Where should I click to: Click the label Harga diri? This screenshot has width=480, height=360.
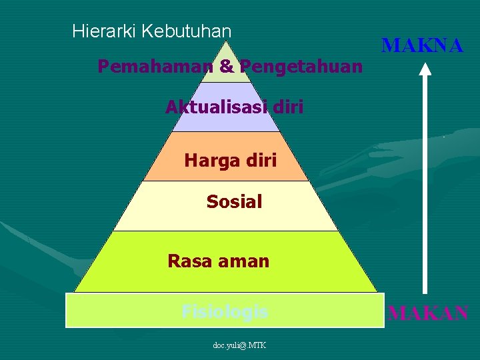230,161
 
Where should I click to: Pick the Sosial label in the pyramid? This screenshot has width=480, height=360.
234,201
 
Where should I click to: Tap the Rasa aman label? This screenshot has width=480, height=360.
219,261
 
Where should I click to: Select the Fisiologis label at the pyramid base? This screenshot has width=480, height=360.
225,311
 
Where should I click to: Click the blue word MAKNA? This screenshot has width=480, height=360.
422,45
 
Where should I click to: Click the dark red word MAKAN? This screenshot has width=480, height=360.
428,312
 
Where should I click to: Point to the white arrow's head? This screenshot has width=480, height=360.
427,67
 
